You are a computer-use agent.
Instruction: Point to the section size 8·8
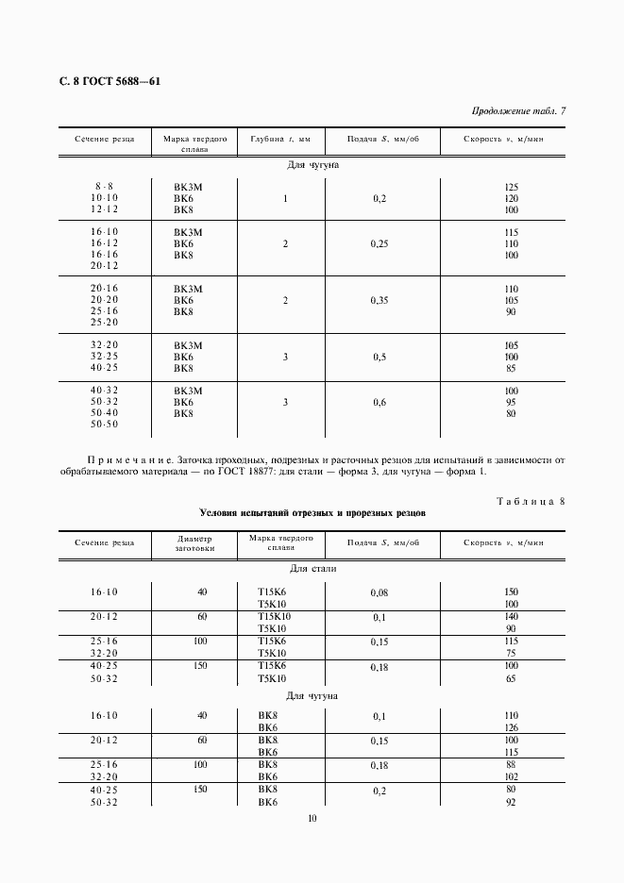[x=104, y=187]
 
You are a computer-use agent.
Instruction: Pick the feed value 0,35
[x=380, y=300]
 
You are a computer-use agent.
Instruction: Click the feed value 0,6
[x=380, y=402]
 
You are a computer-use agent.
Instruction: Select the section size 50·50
[x=104, y=425]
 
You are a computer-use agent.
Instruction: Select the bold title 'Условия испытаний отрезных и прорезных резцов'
[x=312, y=514]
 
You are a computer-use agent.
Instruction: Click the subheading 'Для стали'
[x=312, y=569]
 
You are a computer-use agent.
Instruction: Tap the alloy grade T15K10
[x=274, y=615]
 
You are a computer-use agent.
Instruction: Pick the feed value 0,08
[x=380, y=592]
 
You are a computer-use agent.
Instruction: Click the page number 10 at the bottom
[x=312, y=818]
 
